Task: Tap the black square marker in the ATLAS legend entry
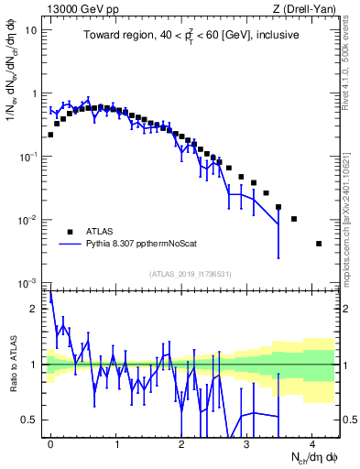70,232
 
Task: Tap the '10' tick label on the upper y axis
31,30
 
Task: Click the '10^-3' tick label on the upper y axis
28,282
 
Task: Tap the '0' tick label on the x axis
50,441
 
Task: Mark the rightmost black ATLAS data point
318,244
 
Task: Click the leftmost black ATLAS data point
50,135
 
